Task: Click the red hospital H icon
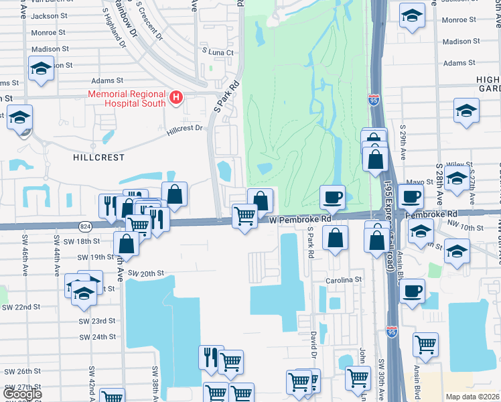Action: [x=176, y=98]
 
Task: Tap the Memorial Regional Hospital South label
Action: [x=127, y=98]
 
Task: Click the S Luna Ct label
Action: [x=218, y=52]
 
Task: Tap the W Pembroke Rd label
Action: [x=301, y=219]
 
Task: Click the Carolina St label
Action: [x=344, y=279]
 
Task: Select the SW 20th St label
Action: [x=146, y=273]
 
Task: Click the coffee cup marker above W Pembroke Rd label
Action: [x=332, y=197]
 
